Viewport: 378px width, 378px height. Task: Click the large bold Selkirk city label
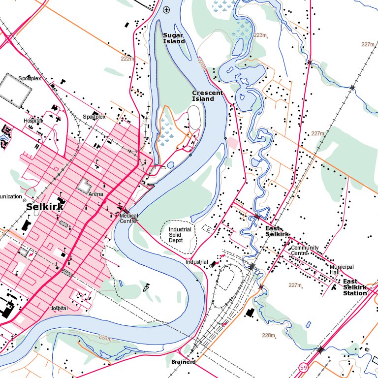[x=45, y=207]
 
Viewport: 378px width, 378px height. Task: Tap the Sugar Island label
[x=174, y=38]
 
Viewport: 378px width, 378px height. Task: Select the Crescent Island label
[x=207, y=95]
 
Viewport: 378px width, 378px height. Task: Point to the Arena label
[x=95, y=194]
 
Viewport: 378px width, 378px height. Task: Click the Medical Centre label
[x=129, y=218]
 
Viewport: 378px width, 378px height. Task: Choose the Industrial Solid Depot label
[x=180, y=234]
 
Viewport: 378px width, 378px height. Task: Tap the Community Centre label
[x=305, y=251]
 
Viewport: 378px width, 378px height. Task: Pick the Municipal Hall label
[x=342, y=269]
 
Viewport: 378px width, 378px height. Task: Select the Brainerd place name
[x=184, y=362]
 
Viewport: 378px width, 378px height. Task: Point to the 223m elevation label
[x=260, y=35]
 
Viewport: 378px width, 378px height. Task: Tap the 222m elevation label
[x=127, y=59]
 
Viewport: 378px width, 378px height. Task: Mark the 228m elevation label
[x=268, y=335]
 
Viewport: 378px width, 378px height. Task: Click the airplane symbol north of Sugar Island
[x=166, y=9]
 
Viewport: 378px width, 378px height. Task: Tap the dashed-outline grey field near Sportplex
[x=15, y=91]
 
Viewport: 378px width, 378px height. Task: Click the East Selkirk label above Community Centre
[x=277, y=231]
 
